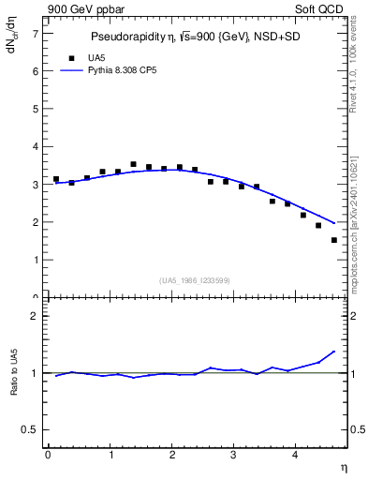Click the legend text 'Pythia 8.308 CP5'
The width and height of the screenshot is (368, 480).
[122, 70]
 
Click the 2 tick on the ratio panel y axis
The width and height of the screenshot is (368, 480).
[35, 316]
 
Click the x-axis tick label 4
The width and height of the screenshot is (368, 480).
[296, 456]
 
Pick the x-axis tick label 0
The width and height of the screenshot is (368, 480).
[48, 456]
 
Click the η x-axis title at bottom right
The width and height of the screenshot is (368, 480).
[344, 467]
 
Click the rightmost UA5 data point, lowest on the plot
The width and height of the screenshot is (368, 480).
[334, 240]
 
